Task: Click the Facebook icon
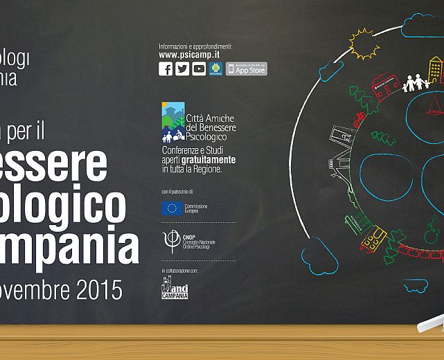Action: pyautogui.click(x=166, y=69)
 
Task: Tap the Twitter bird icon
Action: pyautogui.click(x=182, y=69)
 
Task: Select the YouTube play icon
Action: pyautogui.click(x=199, y=69)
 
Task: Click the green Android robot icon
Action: pyautogui.click(x=215, y=69)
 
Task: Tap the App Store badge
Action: pyautogui.click(x=247, y=69)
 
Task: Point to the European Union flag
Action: pyautogui.click(x=172, y=208)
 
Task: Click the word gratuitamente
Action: pyautogui.click(x=211, y=159)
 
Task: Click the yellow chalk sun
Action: pyautogui.click(x=364, y=44)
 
